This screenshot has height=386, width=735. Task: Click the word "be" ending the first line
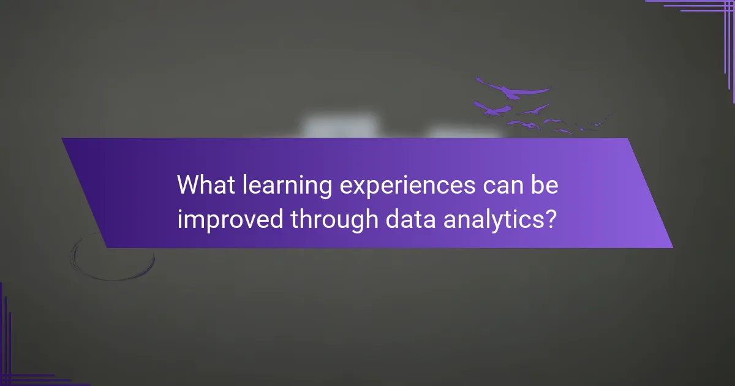545,186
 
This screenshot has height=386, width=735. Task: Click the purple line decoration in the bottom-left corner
18,361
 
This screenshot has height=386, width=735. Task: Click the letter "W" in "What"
186,186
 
